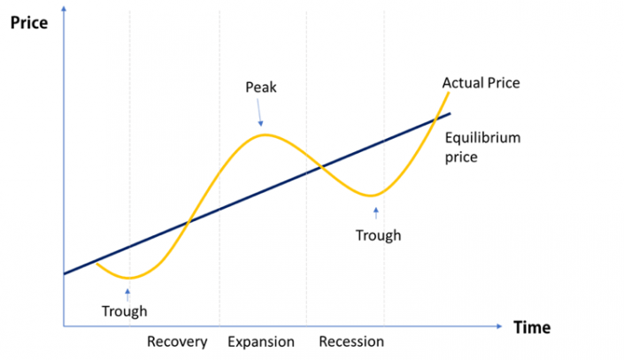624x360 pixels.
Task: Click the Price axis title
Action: tap(28, 22)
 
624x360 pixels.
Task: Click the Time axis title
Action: tap(531, 327)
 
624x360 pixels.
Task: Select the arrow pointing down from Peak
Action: tap(259, 114)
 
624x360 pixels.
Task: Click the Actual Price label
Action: tap(481, 84)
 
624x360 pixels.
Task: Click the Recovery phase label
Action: tap(177, 341)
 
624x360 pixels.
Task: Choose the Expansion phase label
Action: tap(261, 341)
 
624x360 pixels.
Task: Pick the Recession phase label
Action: tap(351, 341)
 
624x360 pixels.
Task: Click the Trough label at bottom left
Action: tap(124, 311)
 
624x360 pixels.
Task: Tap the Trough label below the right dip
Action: tap(378, 235)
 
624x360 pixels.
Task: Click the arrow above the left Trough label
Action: tap(128, 293)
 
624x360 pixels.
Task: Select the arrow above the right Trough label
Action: tap(376, 212)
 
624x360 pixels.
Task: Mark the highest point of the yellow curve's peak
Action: tap(264, 134)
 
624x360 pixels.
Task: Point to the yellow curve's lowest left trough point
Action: tap(129, 278)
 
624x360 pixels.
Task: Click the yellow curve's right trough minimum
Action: tap(374, 195)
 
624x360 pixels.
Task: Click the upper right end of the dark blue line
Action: tap(450, 113)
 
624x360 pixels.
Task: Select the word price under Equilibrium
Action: tap(462, 157)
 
